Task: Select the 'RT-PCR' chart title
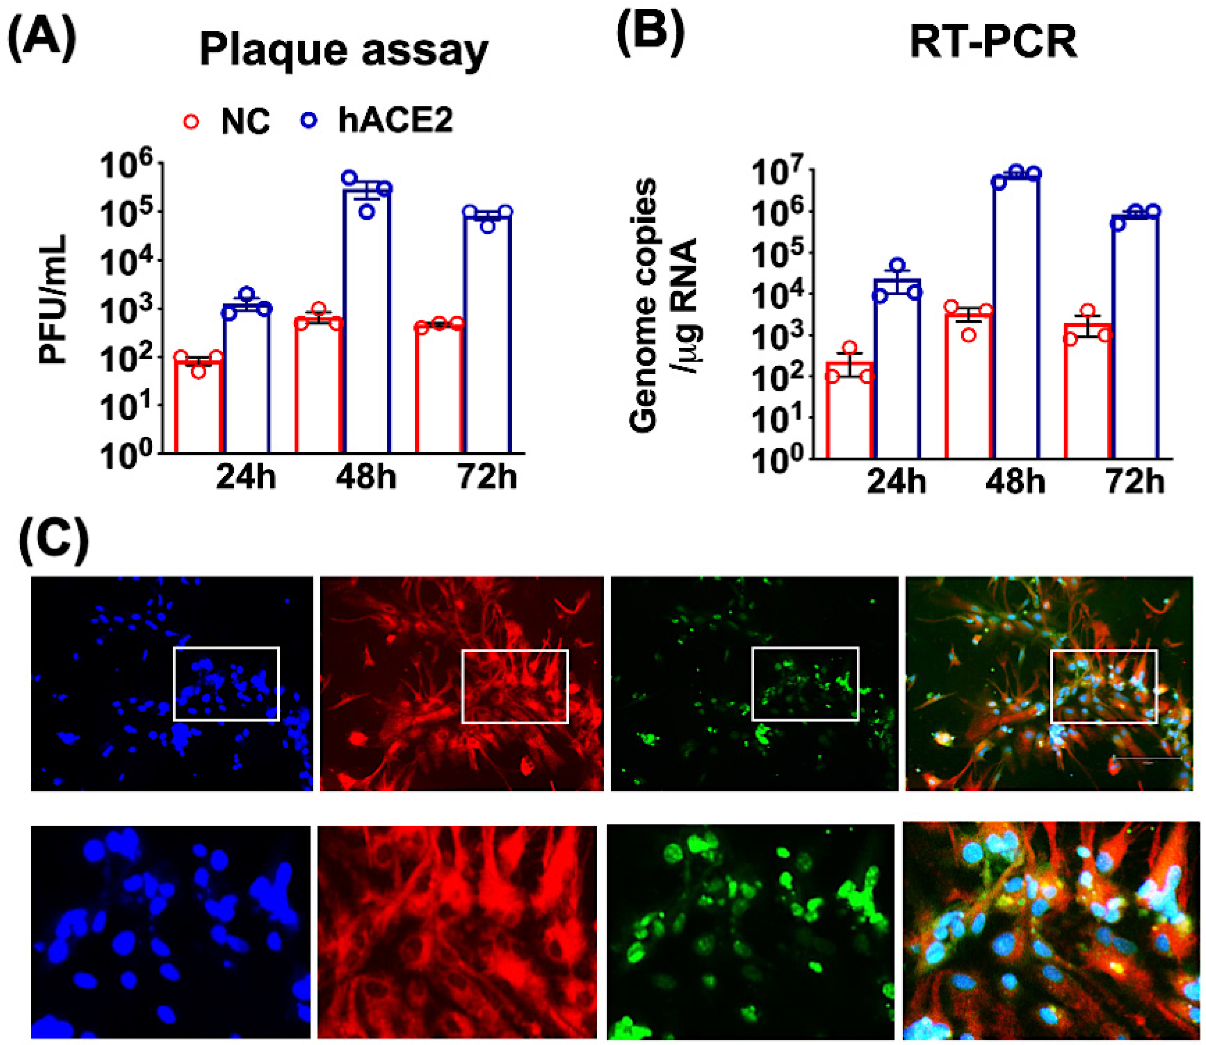(x=993, y=43)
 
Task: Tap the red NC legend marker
(x=192, y=122)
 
